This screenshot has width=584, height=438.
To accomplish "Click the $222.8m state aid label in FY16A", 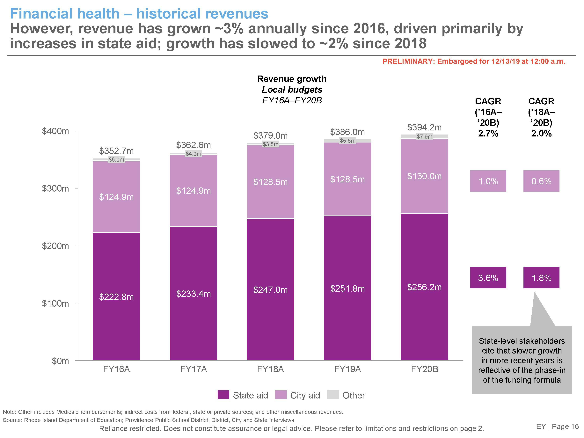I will (x=116, y=297).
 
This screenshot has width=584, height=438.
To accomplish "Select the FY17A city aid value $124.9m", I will (x=193, y=191).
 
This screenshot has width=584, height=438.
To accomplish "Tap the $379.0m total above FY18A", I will (x=270, y=136).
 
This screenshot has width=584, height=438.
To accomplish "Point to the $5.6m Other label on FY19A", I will (x=347, y=141).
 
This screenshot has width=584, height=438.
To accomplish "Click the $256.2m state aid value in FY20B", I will (x=424, y=287).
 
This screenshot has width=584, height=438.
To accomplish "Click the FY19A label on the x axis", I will (x=347, y=369).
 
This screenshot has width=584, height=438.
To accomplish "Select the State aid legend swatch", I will (x=223, y=395).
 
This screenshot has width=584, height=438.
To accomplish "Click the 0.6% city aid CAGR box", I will (x=541, y=181).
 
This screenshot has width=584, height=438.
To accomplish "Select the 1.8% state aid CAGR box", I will (x=541, y=278).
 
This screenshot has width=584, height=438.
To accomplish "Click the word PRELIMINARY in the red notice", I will (x=408, y=62).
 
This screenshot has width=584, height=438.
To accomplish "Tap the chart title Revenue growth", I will (x=292, y=79).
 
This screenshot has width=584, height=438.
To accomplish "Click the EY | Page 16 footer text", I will (x=557, y=427).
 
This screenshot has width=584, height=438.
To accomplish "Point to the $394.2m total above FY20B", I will (x=424, y=128).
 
